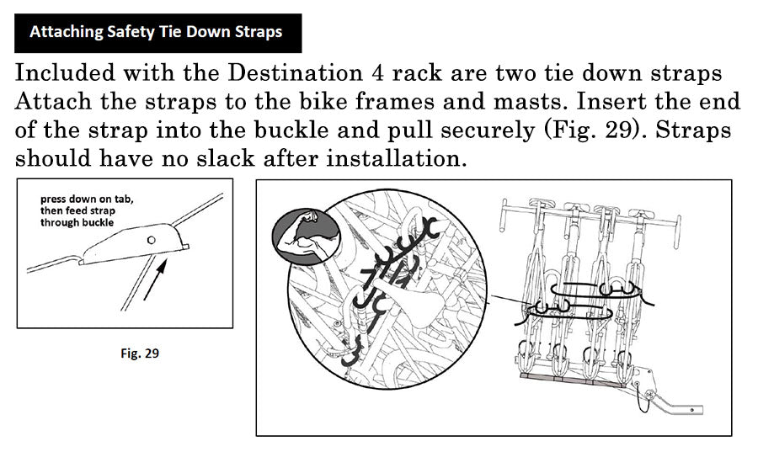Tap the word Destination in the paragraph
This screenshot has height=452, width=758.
pos(295,73)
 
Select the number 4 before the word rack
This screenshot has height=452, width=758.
pos(377,73)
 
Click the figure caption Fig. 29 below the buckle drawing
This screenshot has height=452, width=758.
pos(140,353)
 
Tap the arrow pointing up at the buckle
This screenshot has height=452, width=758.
pos(155,279)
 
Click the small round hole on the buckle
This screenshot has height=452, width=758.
pos(152,240)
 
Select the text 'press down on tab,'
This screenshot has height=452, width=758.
pos(87,199)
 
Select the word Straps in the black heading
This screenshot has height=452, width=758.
pos(259,32)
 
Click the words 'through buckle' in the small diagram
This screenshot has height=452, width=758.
pos(77,222)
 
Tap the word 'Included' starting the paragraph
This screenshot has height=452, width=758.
pos(65,73)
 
